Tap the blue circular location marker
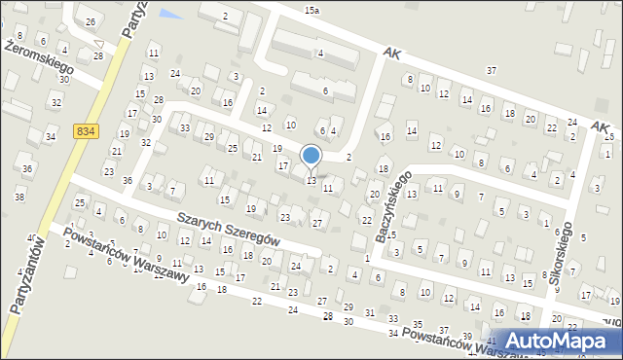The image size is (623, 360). (311, 155)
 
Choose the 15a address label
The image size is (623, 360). (311, 9)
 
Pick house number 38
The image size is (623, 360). (19, 198)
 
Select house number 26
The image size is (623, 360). (91, 21)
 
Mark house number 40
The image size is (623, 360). (32, 237)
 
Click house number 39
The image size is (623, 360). (466, 337)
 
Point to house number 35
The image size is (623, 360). (418, 323)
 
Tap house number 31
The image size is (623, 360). (369, 311)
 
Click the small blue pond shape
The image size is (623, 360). (170, 15)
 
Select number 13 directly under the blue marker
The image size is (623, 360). (311, 181)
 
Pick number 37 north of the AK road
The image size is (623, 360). (492, 70)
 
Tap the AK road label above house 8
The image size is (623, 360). (392, 54)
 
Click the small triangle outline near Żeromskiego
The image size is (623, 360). (99, 42)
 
